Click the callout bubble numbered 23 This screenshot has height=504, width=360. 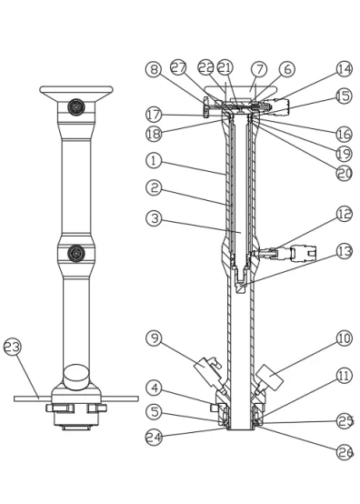click(13, 347)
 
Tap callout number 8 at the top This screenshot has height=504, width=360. click(155, 69)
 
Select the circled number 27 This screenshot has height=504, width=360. click(179, 68)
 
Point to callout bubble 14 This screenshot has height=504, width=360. click(345, 69)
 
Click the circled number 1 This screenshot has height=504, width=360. click(155, 160)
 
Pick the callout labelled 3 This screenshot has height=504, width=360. click(155, 218)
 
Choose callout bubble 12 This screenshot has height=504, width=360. click(345, 214)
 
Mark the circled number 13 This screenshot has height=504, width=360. click(345, 251)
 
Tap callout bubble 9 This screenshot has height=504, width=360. click(155, 338)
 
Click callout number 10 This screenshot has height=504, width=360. click(345, 338)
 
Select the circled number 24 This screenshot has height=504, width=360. click(155, 438)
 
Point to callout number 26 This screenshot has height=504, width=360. click(345, 452)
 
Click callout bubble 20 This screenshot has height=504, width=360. click(345, 173)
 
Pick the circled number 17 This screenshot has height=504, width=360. click(155, 115)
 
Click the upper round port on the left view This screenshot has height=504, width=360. click(76, 106)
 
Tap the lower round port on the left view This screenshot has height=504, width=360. click(76, 253)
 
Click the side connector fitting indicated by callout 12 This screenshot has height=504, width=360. click(284, 253)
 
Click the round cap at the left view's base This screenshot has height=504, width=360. click(76, 377)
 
